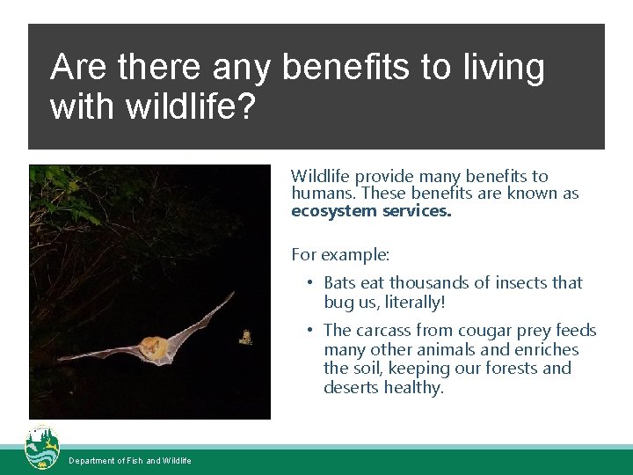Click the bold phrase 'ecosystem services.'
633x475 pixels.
(x=370, y=211)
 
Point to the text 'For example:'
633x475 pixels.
(x=340, y=255)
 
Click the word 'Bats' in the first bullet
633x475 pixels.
(x=339, y=282)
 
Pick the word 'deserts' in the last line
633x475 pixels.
(x=352, y=388)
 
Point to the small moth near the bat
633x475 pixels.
(x=246, y=336)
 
